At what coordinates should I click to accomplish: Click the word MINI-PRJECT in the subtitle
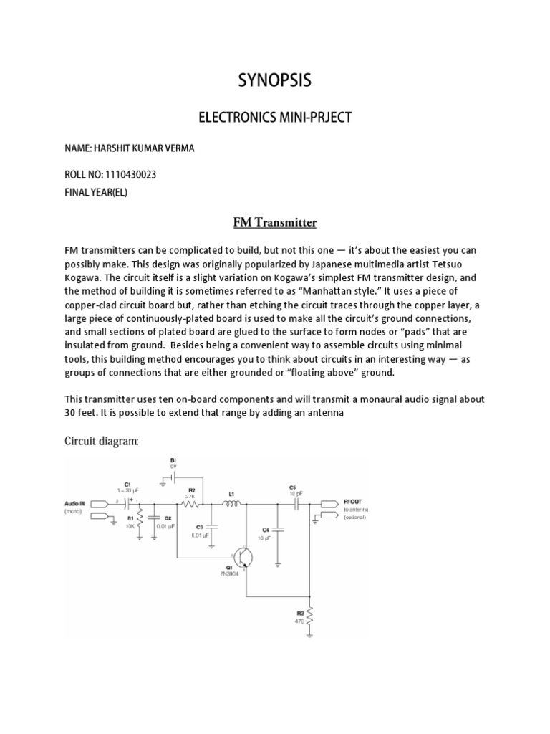[316, 117]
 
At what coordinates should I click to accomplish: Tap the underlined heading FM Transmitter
[275, 222]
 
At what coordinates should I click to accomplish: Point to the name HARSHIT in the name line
[116, 148]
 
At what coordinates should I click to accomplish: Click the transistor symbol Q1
[243, 557]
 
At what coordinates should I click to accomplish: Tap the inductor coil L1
[232, 505]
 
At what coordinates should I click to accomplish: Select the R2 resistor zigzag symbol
[190, 505]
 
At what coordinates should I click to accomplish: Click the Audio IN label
[78, 505]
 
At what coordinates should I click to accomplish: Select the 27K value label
[191, 495]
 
